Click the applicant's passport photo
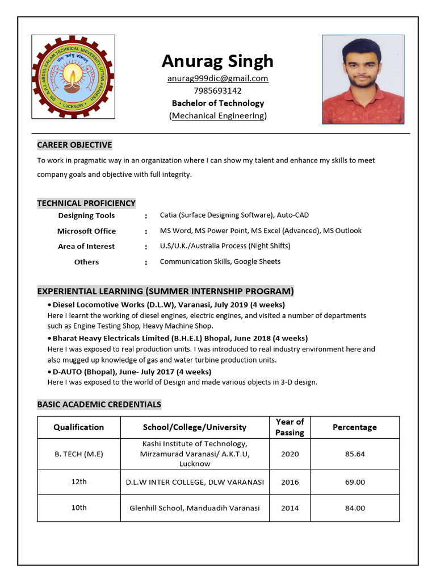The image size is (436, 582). click(363, 80)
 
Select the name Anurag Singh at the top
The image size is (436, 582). click(217, 61)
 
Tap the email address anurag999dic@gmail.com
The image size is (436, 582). click(217, 78)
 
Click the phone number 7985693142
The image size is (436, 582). click(217, 91)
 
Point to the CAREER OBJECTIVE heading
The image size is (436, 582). click(74, 145)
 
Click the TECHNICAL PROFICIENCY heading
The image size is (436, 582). click(86, 203)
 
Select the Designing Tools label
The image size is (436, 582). click(86, 215)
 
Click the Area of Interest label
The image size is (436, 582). click(86, 246)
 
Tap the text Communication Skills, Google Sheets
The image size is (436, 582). click(220, 261)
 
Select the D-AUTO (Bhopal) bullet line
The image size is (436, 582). click(132, 372)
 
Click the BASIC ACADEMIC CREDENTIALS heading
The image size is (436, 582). click(99, 405)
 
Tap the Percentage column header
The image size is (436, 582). click(354, 427)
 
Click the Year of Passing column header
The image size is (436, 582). click(290, 427)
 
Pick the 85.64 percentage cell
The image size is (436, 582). click(354, 454)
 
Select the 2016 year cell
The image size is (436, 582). click(290, 482)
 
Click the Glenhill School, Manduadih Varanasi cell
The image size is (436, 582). click(195, 508)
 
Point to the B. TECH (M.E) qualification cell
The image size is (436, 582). click(79, 454)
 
